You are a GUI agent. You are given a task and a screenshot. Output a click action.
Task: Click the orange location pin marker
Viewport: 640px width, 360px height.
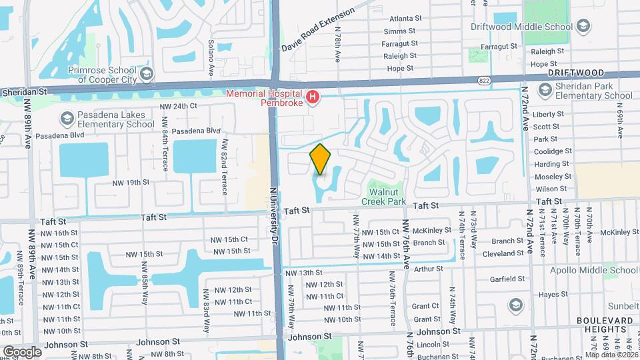321,159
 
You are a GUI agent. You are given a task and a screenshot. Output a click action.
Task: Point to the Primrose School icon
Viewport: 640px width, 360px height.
147,71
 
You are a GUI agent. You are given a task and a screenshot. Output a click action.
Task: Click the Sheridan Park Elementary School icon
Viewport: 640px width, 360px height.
545,89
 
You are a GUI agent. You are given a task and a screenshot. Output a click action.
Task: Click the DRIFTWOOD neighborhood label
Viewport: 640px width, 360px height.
576,73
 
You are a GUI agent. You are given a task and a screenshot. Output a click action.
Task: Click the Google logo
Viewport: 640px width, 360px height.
21,351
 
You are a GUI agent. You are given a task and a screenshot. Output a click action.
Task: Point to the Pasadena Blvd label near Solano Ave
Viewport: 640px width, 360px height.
194,131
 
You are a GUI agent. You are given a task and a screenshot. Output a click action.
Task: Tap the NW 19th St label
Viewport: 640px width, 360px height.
130,182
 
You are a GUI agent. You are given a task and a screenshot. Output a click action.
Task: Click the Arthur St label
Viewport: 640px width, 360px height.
428,269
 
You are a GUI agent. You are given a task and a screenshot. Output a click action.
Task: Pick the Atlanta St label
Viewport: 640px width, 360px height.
402,19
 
